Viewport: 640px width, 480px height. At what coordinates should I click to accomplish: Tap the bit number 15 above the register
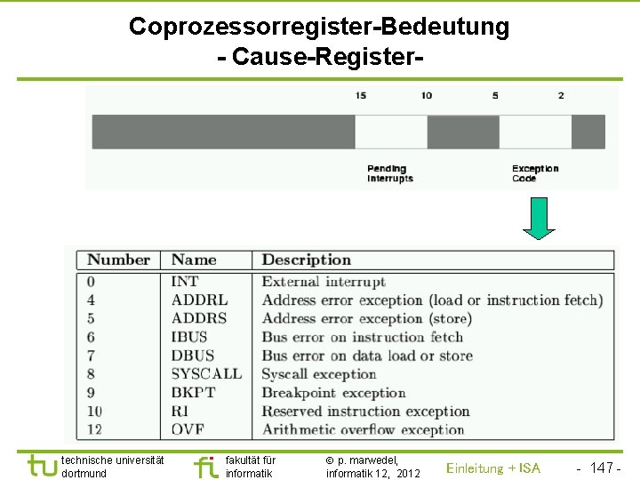tap(360, 95)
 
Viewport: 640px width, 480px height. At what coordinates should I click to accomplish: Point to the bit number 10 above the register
tap(427, 95)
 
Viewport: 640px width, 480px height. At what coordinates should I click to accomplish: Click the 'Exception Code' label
tap(535, 173)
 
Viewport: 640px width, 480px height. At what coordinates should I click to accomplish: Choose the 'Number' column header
tap(118, 260)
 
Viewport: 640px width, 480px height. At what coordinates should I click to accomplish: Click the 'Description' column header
tap(306, 260)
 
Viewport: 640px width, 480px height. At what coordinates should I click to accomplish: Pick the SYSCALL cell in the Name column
tap(206, 374)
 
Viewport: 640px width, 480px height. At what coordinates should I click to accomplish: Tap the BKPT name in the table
tap(195, 393)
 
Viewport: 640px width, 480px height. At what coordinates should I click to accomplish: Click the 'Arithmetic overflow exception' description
tap(363, 430)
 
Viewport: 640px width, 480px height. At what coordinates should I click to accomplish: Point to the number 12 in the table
tap(95, 430)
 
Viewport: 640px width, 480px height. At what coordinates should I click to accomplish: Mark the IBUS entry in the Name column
tap(189, 337)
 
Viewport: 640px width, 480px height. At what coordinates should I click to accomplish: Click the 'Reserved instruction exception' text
tap(365, 412)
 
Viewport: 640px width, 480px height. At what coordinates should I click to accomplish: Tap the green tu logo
tap(42, 466)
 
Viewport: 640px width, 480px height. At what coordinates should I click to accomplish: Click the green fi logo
tap(205, 466)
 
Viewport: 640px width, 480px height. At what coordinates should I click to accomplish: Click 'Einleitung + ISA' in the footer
tap(492, 468)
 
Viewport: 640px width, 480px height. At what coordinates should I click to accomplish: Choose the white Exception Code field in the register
tap(535, 132)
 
